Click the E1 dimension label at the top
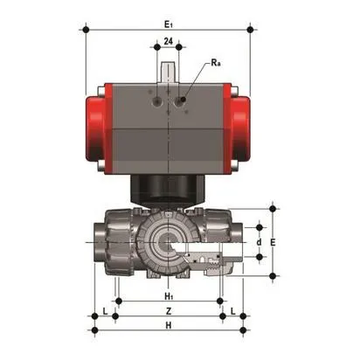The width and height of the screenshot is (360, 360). click(169, 24)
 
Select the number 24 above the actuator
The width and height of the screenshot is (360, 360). click(168, 41)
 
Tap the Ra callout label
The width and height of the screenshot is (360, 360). click(216, 63)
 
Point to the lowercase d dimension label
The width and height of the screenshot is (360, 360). click(259, 242)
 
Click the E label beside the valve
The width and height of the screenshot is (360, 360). click(273, 242)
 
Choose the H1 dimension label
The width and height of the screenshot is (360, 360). click(169, 296)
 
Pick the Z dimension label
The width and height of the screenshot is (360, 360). click(169, 311)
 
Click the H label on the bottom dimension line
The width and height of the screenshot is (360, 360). click(169, 325)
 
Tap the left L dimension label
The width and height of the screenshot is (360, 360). click(106, 311)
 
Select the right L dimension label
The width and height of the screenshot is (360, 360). click(233, 311)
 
